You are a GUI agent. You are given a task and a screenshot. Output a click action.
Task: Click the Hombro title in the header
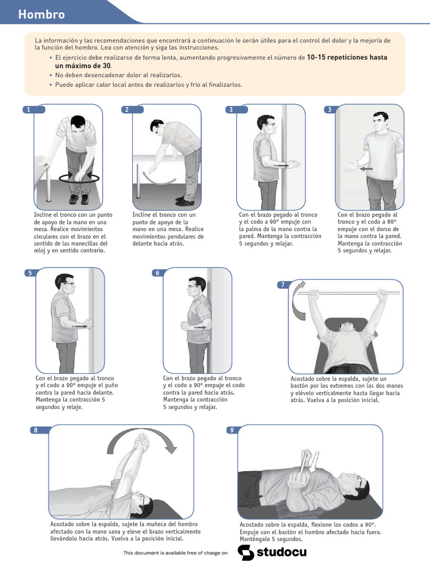pyautogui.click(x=41, y=15)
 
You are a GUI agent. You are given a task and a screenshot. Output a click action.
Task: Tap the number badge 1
pyautogui.click(x=28, y=110)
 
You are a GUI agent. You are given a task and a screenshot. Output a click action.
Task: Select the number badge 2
pyautogui.click(x=127, y=110)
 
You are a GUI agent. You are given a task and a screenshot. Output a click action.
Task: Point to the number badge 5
pyautogui.click(x=30, y=273)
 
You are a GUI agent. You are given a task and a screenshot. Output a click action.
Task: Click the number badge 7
pyautogui.click(x=283, y=285)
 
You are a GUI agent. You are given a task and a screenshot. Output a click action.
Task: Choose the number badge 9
pyautogui.click(x=232, y=430)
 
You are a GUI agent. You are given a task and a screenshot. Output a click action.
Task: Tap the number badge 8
pyautogui.click(x=36, y=430)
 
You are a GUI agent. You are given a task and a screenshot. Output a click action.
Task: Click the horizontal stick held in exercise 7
pyautogui.click(x=347, y=292)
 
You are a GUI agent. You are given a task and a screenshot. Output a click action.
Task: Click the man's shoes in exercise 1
pyautogui.click(x=78, y=199)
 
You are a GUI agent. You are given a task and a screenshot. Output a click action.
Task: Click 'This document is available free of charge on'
pyautogui.click(x=175, y=553)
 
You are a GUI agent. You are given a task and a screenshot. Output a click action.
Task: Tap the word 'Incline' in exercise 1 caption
pyautogui.click(x=44, y=215)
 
